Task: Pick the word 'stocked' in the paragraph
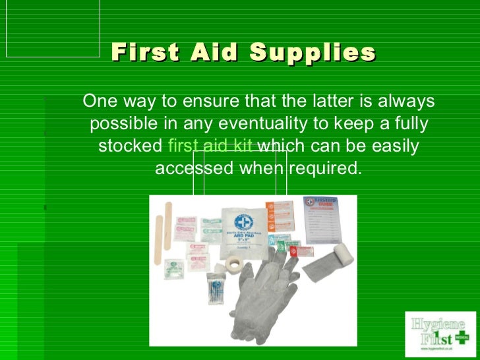[x=130, y=146]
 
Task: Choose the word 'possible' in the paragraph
[x=118, y=124]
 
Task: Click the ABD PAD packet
[x=241, y=227]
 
